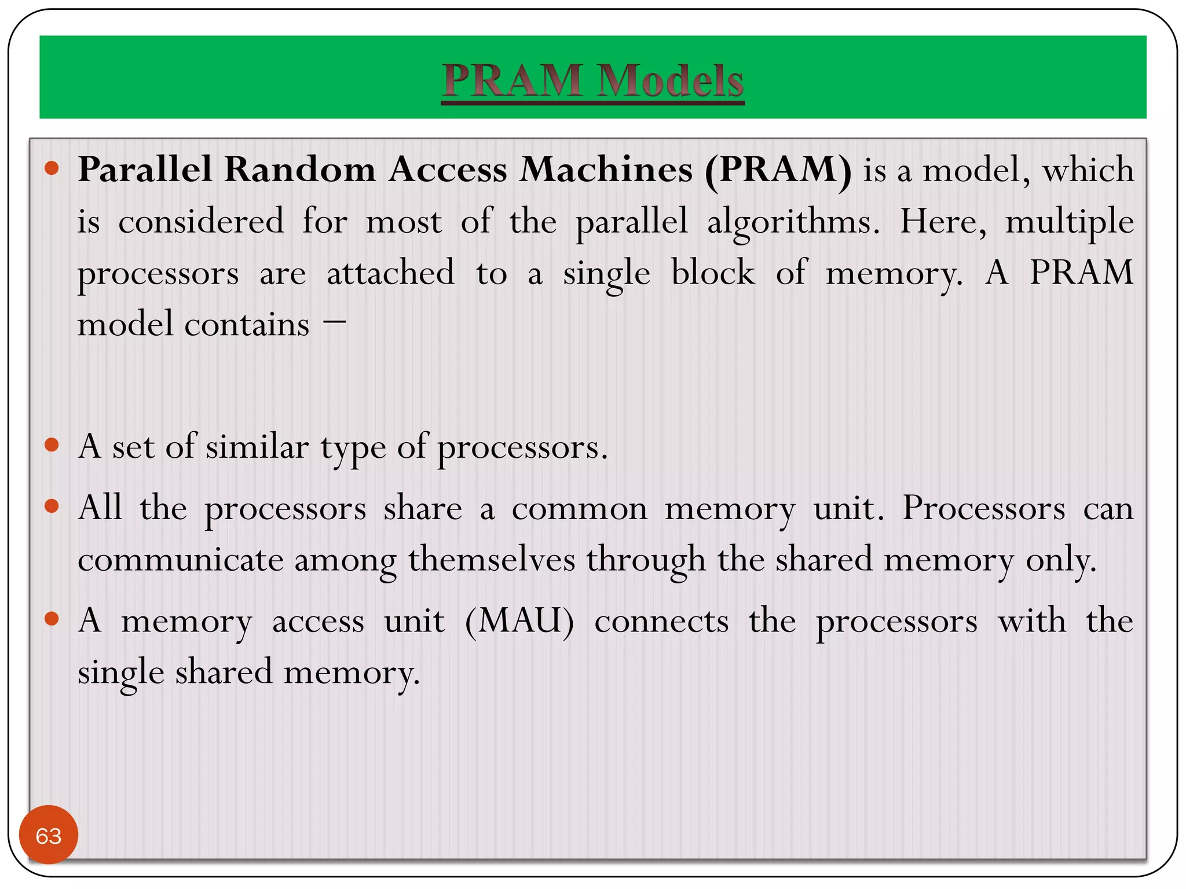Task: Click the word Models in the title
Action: point(670,80)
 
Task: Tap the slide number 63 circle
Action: point(49,835)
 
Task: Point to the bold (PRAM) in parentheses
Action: point(778,171)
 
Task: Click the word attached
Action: point(391,273)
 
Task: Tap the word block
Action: point(713,273)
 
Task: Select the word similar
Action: point(257,447)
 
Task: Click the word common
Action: point(579,509)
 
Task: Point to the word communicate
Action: point(181,560)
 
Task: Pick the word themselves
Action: point(492,560)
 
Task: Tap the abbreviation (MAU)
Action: point(519,622)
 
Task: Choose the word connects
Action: point(661,622)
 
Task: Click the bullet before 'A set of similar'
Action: point(52,445)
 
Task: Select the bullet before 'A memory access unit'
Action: point(52,619)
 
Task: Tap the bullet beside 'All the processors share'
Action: point(52,506)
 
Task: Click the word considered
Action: point(201,222)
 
